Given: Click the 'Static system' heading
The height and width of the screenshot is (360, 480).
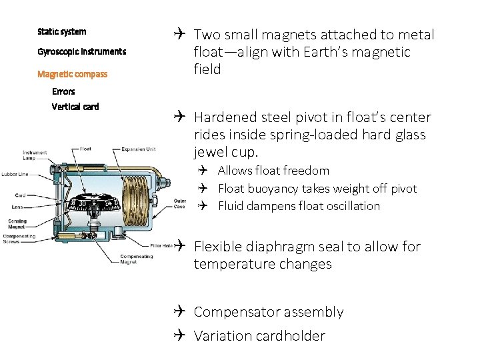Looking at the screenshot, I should coord(61,31).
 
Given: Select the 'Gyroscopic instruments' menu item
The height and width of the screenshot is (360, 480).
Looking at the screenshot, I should coord(81,51).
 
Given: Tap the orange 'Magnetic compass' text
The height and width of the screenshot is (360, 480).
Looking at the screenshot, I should coord(72,74).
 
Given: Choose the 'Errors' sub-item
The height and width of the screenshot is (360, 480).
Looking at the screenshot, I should coord(63,91).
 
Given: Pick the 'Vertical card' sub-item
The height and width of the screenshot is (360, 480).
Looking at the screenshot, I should coord(75,107).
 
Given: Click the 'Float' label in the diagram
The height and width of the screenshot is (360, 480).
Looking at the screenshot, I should coord(85,149).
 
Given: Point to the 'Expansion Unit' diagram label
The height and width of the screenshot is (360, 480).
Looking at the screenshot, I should coord(140,149).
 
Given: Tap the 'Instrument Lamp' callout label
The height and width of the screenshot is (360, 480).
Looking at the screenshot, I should coord(35,155).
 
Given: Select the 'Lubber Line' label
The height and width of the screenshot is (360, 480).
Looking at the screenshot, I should coord(15,175).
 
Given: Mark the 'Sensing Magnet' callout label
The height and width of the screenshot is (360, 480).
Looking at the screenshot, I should coord(17,223).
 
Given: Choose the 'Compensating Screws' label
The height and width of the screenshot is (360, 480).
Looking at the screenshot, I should coord(19,239).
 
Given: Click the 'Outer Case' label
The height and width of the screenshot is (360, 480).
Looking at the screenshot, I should coord(179,203).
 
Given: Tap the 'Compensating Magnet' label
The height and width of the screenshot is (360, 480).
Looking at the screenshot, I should coord(136,259).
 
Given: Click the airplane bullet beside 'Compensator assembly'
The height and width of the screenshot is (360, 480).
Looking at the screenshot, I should coord(182,312).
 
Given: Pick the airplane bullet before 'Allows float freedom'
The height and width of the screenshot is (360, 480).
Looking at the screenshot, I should coord(206,171).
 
